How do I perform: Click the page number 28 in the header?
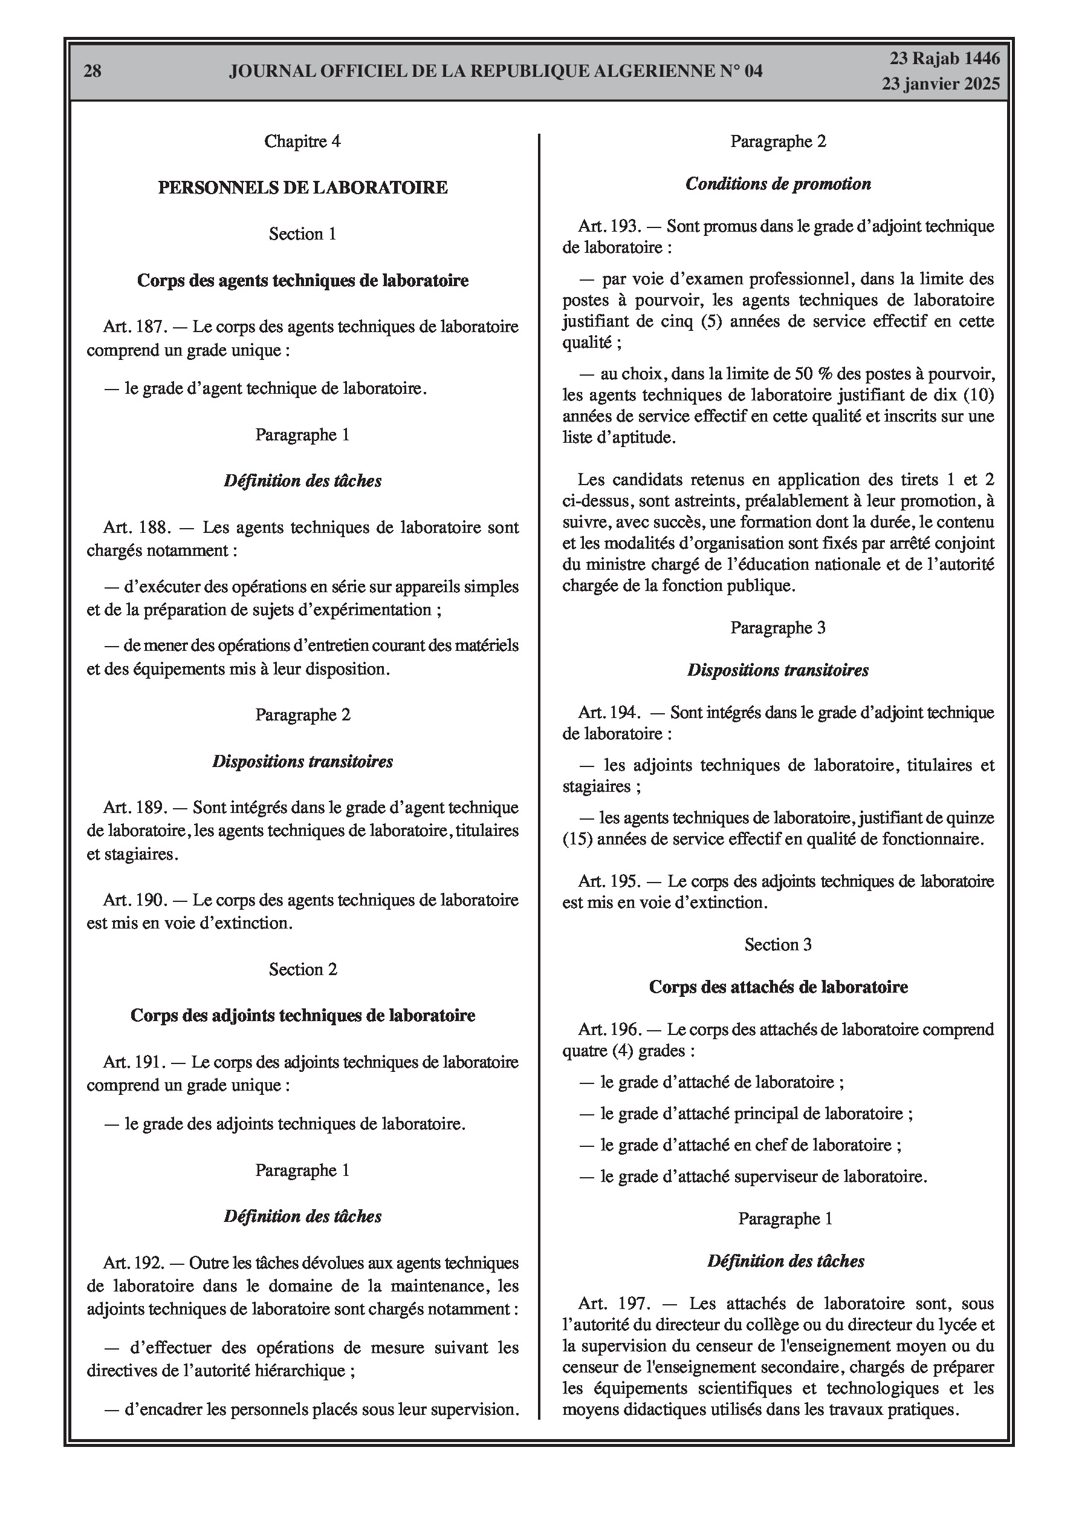pos(92,71)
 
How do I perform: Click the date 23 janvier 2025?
pos(941,84)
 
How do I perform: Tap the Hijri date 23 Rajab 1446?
pos(945,59)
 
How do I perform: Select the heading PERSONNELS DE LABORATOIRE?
pos(303,188)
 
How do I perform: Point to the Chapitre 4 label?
pos(303,141)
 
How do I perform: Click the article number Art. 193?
pos(609,226)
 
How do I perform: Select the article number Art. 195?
pos(609,881)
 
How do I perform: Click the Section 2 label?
pos(303,969)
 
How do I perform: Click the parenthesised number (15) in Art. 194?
pos(577,839)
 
